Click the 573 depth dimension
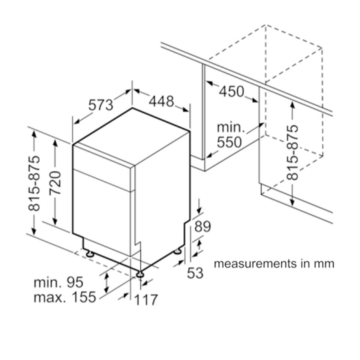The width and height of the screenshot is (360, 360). [x=101, y=104]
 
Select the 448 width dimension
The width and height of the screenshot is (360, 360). [x=162, y=102]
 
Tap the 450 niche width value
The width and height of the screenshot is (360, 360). [x=231, y=91]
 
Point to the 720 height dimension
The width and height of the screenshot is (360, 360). [x=55, y=183]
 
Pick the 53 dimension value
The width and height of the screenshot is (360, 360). [x=195, y=273]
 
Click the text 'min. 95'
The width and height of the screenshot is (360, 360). [x=58, y=282]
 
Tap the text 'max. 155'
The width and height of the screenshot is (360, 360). [x=64, y=297]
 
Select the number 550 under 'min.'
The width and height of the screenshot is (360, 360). [x=229, y=142]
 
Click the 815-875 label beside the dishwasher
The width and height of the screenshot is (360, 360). [x=34, y=183]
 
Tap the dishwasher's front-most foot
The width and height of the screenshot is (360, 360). [x=140, y=274]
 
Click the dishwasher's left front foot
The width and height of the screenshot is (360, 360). [x=89, y=254]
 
